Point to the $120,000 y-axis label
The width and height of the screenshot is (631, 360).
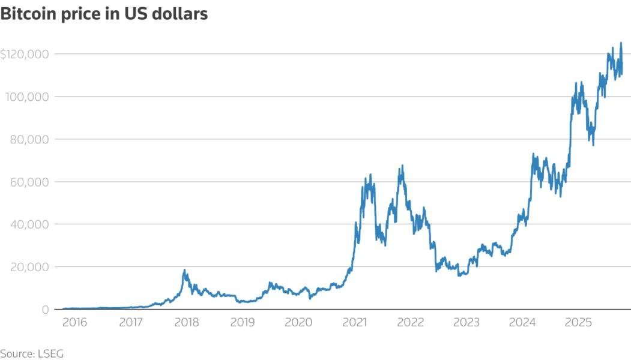25,54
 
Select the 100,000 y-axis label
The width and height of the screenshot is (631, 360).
26,97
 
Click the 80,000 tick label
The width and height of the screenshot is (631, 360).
29,139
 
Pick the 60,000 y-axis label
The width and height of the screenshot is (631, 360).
29,182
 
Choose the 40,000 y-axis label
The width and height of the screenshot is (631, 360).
29,224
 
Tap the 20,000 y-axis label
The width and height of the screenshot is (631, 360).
29,267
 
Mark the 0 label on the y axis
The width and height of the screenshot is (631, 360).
46,310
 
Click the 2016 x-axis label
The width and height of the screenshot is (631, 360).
75,323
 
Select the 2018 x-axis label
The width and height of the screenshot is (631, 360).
187,323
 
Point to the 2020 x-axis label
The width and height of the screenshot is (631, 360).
298,323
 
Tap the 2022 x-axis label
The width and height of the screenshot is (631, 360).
411,323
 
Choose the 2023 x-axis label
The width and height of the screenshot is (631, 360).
466,323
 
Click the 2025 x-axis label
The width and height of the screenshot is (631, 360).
579,323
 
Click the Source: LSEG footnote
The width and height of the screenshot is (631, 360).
32,353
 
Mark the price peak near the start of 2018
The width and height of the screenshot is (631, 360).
185,270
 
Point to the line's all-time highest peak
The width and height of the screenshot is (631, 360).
621,43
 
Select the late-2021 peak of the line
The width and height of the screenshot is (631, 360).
402,166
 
